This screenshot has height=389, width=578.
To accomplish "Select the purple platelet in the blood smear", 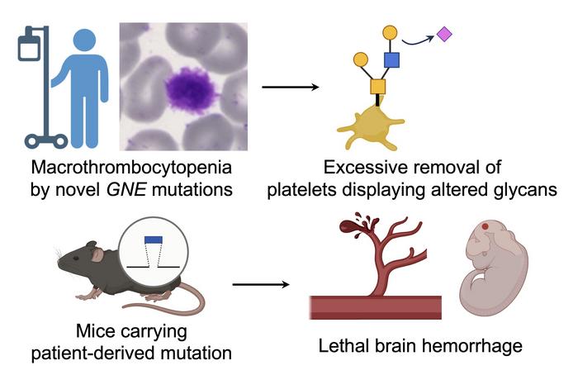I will [192, 88].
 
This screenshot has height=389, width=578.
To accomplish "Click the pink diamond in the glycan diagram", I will [443, 34].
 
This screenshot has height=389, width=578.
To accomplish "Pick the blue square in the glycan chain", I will [392, 59].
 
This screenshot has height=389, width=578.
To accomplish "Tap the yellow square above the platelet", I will [377, 86].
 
